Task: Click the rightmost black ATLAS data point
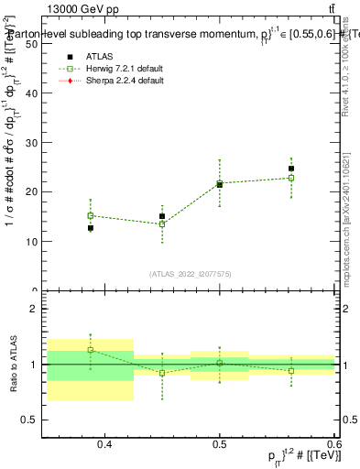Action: coord(291,169)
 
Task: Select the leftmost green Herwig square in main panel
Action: coord(91,216)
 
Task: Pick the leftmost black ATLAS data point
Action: coord(91,228)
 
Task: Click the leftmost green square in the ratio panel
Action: coord(91,350)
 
